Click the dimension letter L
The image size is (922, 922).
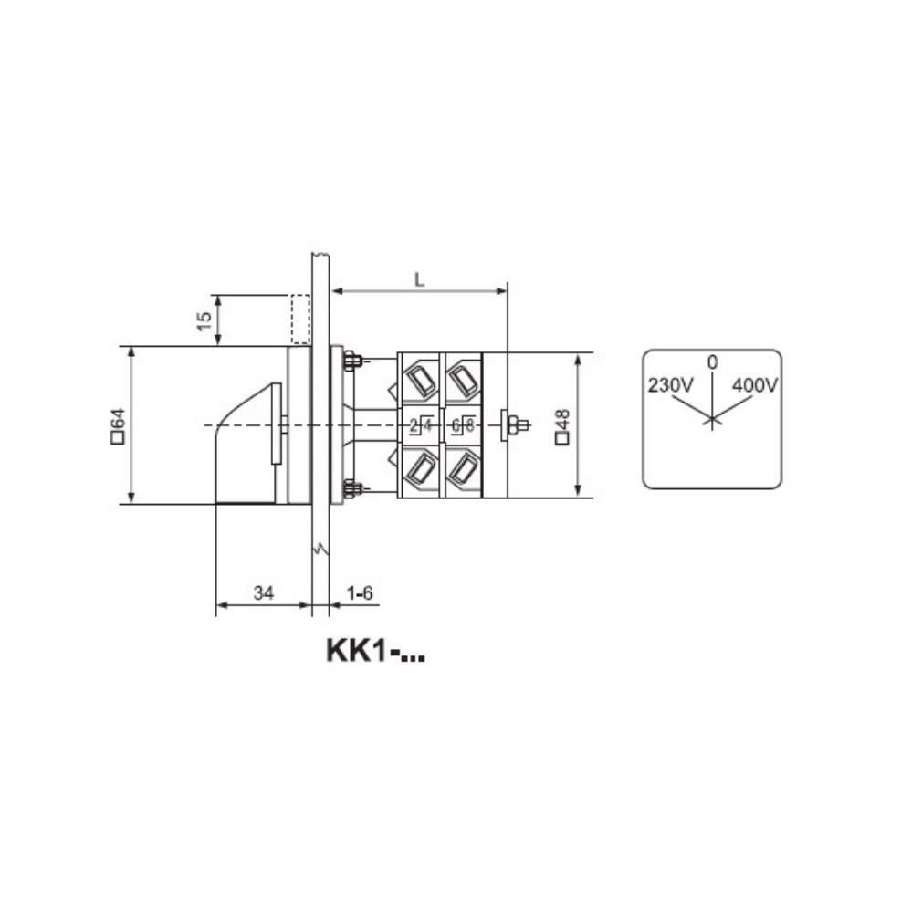point(419,280)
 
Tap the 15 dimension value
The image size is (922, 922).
point(204,321)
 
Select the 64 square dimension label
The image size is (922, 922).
point(118,425)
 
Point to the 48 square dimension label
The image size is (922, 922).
point(562,427)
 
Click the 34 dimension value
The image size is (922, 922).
point(264,592)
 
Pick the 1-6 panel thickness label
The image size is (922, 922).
point(360,592)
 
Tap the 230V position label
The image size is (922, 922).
point(671,385)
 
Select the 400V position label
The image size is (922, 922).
point(755,385)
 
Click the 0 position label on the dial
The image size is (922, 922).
point(712,362)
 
